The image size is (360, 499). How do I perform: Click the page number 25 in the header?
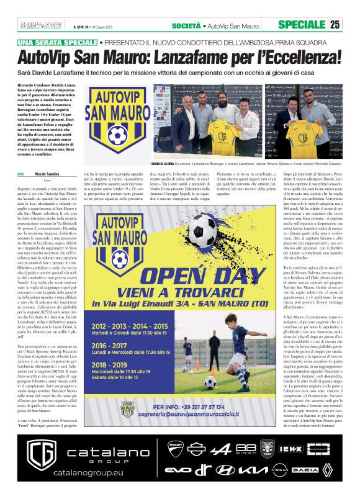(335, 25)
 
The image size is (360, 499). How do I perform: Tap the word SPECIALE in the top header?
(301, 25)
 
